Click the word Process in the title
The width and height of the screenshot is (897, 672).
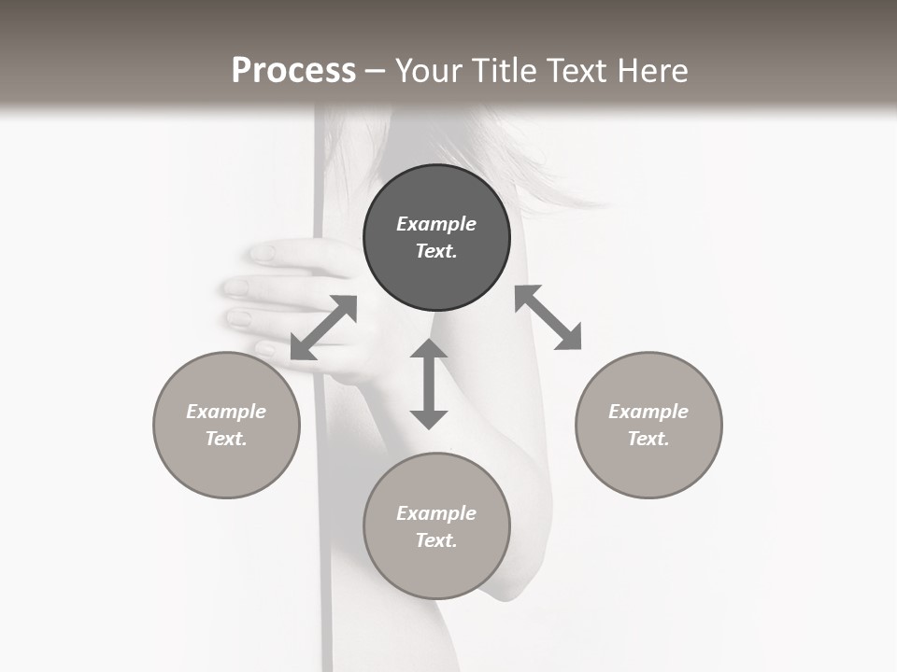click(293, 71)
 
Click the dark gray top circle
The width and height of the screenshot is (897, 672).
click(436, 238)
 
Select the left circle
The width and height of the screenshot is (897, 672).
click(226, 425)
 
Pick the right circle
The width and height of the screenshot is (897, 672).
click(648, 425)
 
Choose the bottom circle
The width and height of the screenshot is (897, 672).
click(436, 526)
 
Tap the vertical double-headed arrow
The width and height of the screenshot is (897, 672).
click(429, 384)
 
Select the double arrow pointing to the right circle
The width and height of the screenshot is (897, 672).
click(548, 317)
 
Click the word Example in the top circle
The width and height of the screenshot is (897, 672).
click(436, 224)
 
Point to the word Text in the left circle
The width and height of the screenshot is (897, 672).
click(226, 439)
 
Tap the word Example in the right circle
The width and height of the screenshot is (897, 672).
click(648, 412)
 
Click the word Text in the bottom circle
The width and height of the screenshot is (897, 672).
click(436, 540)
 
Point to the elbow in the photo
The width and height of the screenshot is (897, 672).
click(509, 583)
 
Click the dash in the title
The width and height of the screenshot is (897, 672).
click(375, 71)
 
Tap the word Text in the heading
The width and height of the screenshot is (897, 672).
click(576, 71)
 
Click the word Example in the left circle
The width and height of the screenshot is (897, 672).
click(226, 412)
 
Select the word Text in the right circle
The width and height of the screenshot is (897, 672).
click(648, 439)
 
